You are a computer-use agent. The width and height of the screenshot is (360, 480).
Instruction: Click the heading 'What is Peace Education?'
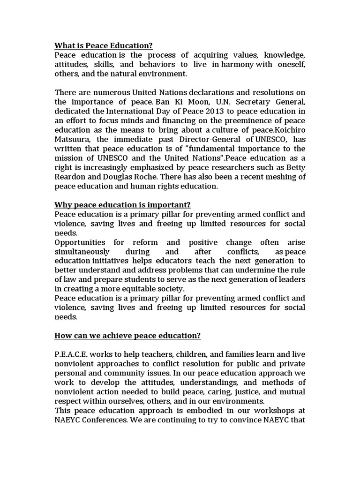(104, 45)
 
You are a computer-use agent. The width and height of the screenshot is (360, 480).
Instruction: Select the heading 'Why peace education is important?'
(123, 205)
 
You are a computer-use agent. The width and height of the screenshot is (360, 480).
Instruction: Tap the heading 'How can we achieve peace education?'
(127, 335)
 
